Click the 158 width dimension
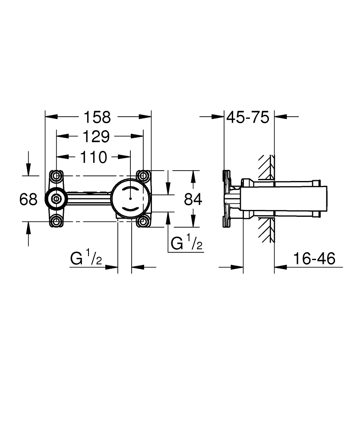click(x=97, y=117)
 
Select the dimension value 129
click(x=96, y=137)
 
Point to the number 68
click(x=28, y=199)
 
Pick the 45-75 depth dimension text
click(x=248, y=117)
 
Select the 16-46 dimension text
click(x=314, y=259)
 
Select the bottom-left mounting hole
click(x=56, y=222)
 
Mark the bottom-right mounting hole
click(x=143, y=222)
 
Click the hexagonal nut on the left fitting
click(x=56, y=199)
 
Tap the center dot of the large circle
click(x=129, y=199)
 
